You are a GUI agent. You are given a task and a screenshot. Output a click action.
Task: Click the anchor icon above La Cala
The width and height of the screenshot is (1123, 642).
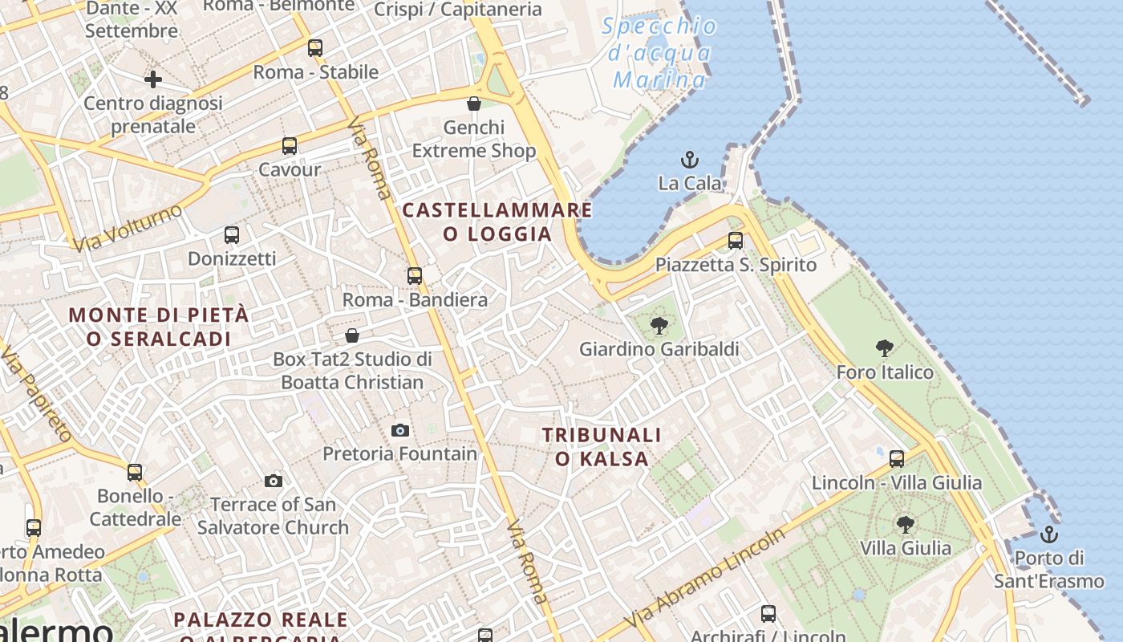tap(689, 160)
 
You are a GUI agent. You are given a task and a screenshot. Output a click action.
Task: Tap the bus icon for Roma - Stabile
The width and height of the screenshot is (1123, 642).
tap(315, 48)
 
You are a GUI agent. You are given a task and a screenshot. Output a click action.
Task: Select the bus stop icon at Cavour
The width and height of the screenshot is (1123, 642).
tap(290, 146)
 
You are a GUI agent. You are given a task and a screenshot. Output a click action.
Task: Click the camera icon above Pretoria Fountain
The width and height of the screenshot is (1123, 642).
tap(400, 430)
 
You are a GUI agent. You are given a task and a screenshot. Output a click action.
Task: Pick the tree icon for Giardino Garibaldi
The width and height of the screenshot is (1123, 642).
tap(659, 326)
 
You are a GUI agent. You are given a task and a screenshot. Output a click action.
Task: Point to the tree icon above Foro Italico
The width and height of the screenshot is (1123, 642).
tap(885, 348)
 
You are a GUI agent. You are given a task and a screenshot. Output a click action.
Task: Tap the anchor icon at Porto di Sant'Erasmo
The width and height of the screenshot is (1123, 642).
tap(1048, 534)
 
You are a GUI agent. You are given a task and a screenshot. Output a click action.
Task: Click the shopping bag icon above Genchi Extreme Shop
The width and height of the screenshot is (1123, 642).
tap(474, 104)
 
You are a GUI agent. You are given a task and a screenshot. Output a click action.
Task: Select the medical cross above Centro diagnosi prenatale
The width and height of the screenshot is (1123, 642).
tap(153, 79)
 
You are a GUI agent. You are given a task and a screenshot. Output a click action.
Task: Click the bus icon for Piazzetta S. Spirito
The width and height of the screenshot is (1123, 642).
tap(736, 240)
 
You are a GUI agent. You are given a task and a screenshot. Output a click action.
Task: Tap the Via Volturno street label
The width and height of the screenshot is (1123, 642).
tap(128, 226)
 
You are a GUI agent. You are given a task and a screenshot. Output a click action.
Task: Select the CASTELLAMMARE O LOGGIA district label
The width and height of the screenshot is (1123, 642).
tap(497, 221)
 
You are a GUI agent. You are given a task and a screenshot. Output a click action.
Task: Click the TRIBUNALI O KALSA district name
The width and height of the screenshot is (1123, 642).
tap(602, 446)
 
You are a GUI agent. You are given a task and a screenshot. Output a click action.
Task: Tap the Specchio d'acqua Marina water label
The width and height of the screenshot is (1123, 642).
tap(659, 53)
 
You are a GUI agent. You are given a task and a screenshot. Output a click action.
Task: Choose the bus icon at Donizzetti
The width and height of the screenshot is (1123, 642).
tap(232, 235)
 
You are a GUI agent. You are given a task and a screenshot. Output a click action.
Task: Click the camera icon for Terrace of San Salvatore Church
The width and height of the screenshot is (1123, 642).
tap(274, 481)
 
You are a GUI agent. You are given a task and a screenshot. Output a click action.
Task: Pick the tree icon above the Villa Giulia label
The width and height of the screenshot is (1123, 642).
tap(906, 525)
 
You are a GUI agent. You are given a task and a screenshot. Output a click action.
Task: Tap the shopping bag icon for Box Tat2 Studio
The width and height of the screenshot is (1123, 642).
tap(352, 335)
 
